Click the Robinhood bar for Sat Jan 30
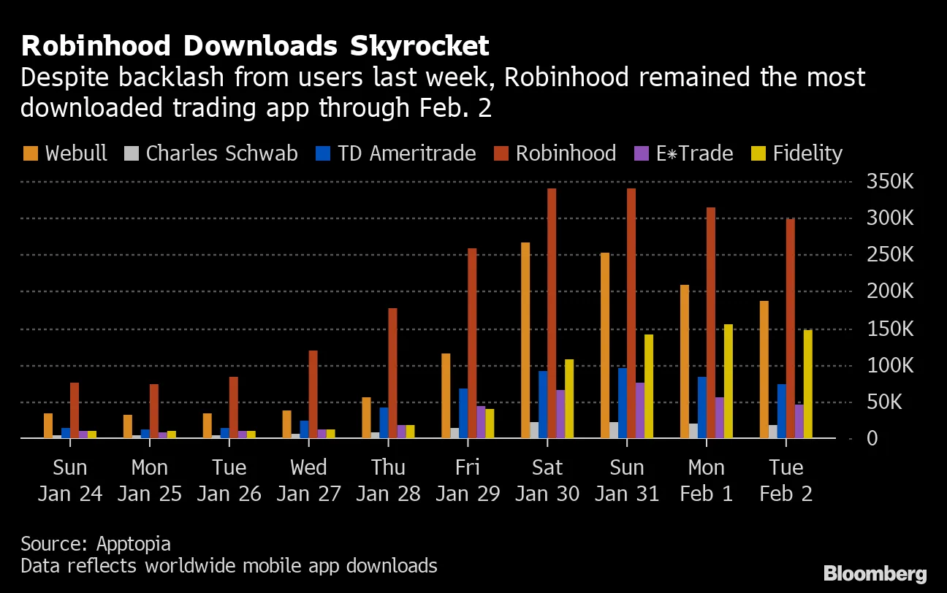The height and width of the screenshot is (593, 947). (x=552, y=314)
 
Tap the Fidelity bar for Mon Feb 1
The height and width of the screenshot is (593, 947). (x=728, y=381)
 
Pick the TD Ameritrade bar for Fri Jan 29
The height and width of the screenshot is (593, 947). (x=463, y=413)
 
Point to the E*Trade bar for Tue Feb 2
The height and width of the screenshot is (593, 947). (x=799, y=421)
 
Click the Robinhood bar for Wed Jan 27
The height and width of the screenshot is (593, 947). (x=313, y=394)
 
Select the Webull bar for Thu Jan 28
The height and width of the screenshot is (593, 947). (x=366, y=418)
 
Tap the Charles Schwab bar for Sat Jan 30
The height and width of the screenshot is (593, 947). (x=534, y=430)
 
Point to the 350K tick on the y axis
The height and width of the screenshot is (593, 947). (x=889, y=181)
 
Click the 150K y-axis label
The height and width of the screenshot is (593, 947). (x=889, y=329)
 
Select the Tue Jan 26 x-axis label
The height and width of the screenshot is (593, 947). (x=229, y=480)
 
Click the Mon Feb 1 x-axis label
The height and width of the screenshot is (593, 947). (x=706, y=480)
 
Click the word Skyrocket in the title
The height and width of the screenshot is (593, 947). (x=414, y=46)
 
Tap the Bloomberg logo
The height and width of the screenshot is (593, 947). (x=875, y=573)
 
